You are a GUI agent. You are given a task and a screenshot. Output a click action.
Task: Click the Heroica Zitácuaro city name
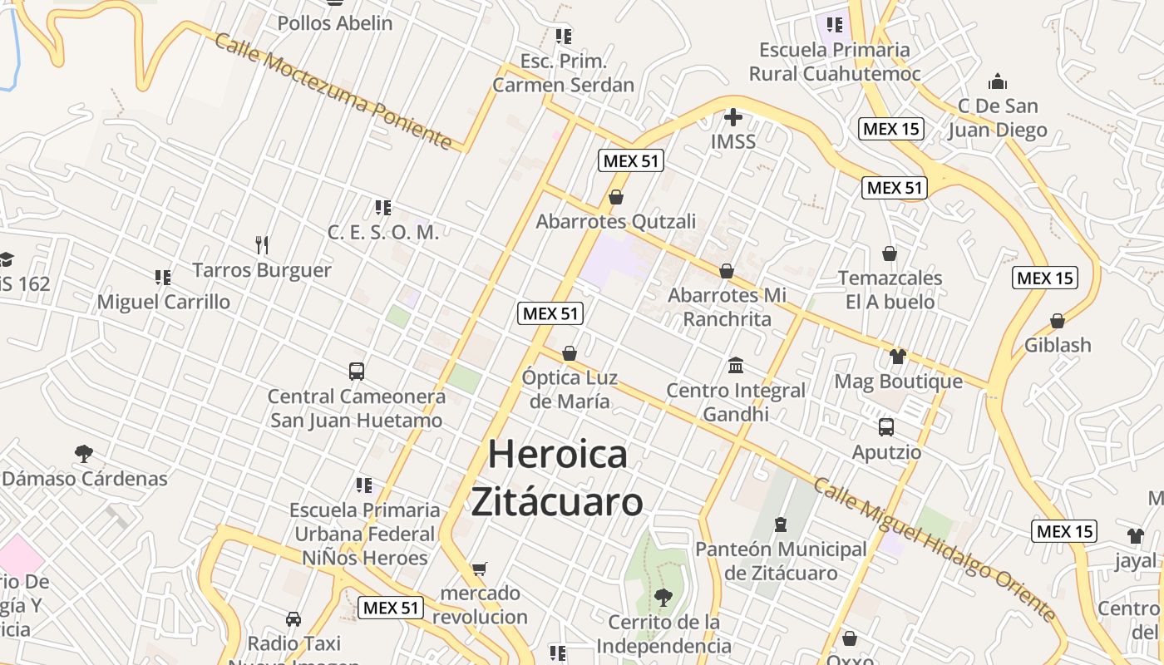[557, 478]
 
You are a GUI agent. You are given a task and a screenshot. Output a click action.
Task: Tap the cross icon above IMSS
[732, 117]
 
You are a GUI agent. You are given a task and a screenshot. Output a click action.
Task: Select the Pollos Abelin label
[335, 23]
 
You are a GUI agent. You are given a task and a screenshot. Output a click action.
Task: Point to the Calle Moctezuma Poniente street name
[333, 91]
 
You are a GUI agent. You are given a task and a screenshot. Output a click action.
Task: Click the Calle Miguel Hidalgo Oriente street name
[935, 549]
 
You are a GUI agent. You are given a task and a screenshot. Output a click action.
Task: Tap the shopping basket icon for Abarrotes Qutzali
[616, 197]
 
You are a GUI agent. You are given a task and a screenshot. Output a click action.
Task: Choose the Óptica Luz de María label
[570, 389]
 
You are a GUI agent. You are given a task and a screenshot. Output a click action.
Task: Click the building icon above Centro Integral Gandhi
[736, 365]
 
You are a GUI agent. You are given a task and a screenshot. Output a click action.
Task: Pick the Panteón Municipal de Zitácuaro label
[781, 561]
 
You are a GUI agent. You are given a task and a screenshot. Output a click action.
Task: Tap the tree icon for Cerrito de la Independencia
[663, 597]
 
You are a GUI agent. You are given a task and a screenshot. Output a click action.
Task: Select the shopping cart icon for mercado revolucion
[479, 569]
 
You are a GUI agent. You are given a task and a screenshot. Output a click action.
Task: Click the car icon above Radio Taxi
[293, 618]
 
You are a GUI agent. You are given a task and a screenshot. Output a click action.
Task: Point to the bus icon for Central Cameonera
[357, 372]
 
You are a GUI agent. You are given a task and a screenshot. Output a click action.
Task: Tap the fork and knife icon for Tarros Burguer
[262, 244]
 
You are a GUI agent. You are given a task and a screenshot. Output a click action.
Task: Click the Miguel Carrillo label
[164, 302]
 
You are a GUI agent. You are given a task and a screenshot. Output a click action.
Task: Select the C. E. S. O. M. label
[382, 233]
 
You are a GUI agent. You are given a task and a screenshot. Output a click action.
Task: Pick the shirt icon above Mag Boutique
[897, 357]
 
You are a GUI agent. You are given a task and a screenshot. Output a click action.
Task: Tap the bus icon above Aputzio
[886, 427]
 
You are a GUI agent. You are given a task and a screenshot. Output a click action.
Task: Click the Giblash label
[1058, 345]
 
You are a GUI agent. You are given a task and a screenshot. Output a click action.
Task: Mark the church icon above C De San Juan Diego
[998, 81]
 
